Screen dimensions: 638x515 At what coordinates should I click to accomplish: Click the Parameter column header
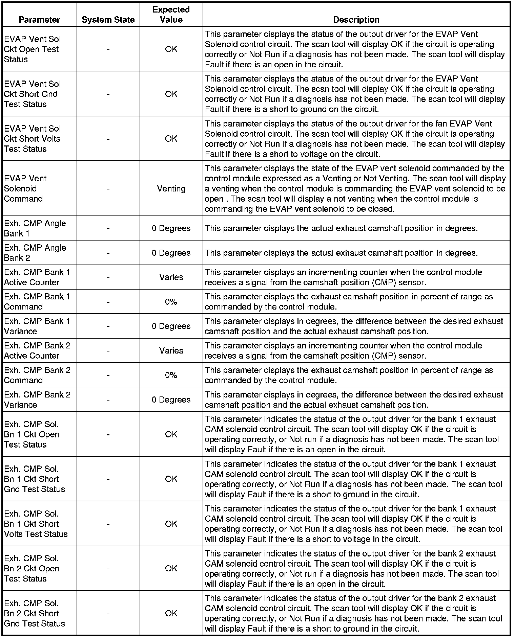coord(39,20)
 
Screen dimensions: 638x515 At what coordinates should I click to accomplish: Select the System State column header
coord(108,20)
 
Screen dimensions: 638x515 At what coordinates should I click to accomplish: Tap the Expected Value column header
coord(171,15)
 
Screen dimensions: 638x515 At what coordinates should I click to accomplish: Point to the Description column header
coord(356,20)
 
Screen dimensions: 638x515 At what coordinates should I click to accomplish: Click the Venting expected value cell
coord(171,189)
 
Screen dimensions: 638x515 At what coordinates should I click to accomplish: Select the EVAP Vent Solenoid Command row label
coord(25,189)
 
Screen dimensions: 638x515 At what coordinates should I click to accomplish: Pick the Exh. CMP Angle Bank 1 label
coord(35,228)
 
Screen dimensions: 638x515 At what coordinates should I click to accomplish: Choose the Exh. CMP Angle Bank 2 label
coord(35,253)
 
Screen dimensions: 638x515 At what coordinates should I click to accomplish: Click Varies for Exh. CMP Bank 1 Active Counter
coord(171,277)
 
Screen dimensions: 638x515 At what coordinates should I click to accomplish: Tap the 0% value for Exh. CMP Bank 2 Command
coord(171,375)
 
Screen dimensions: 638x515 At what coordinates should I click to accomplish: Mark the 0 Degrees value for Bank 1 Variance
coord(171,326)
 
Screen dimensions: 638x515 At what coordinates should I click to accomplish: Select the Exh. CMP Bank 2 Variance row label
coord(37,400)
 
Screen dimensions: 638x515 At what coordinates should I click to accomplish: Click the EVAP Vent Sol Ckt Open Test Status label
coord(32,49)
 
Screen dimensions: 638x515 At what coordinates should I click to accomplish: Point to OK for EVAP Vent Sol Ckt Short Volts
coord(171,139)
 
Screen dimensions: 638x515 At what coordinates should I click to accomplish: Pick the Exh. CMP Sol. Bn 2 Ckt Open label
coord(32,569)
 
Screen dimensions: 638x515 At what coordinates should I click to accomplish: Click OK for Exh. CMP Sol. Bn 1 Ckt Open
coord(171,434)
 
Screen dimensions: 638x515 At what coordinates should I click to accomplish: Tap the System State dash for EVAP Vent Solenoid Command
coord(108,189)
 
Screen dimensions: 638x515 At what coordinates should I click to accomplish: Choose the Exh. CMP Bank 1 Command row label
coord(37,302)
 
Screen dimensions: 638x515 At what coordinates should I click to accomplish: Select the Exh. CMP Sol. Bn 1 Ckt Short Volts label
coord(36,524)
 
